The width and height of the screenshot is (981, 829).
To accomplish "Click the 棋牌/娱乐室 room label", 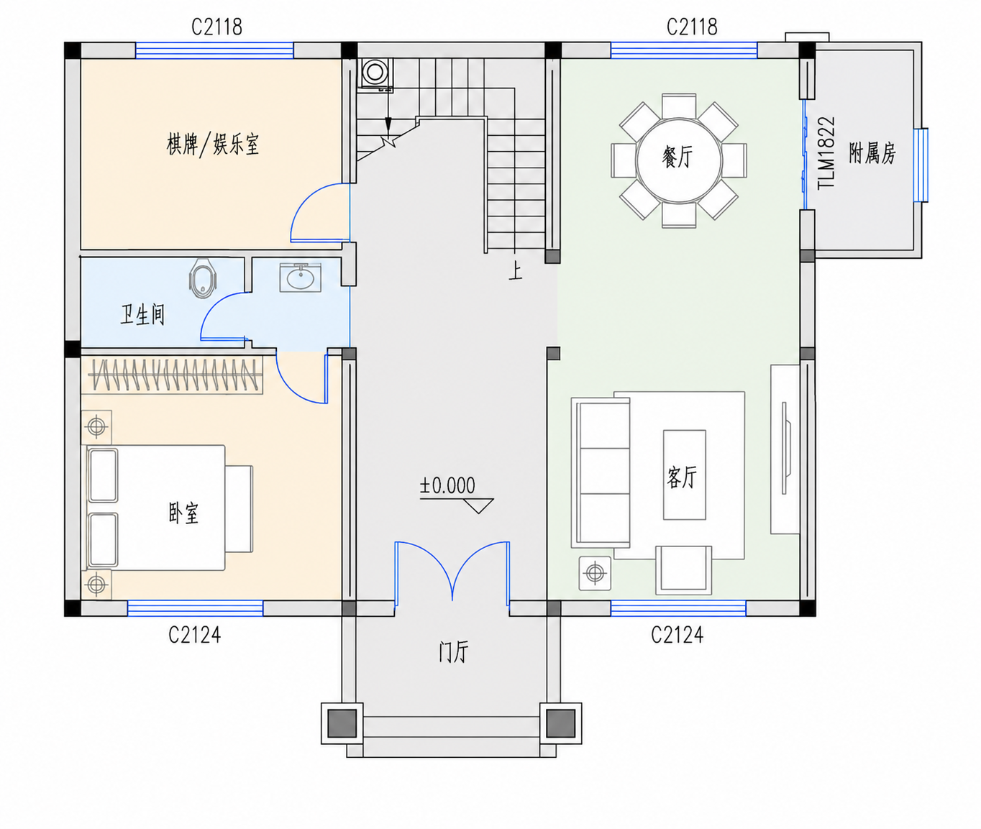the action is point(213,145).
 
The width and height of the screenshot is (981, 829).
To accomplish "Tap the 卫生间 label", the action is point(142,315).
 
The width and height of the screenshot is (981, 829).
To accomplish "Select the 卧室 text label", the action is point(183,513).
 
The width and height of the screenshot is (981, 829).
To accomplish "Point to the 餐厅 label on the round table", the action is point(677,157).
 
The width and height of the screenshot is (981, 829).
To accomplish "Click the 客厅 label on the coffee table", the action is point(682,477).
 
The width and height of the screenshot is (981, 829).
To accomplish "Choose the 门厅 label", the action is point(455,651).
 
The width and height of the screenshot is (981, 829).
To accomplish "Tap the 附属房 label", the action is point(872,153).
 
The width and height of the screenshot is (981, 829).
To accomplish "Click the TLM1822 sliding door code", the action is point(826,153).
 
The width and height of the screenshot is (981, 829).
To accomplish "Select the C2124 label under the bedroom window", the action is point(195,635).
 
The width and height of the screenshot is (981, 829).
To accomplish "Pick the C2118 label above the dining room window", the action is point(692,27).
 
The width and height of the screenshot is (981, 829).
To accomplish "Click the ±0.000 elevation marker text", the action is point(447,485).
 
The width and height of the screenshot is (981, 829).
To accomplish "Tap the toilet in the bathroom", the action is point(203,278).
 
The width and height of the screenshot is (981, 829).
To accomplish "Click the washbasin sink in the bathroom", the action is point(300,277).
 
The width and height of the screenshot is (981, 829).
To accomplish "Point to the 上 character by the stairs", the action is point(516,271).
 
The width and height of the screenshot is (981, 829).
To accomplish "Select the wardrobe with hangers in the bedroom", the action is point(175,375).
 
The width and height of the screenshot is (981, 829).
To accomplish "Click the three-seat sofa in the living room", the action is point(601,472).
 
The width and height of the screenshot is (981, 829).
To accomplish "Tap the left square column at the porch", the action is point(342,723).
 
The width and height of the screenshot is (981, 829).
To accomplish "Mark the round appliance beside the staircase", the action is point(375,73).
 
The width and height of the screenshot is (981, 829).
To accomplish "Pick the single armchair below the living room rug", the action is point(684,570).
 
